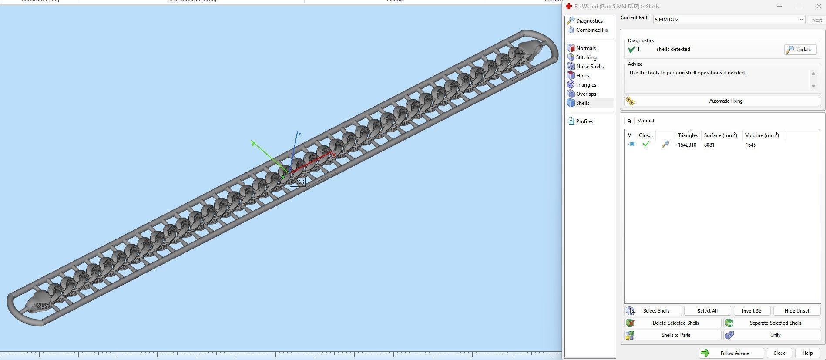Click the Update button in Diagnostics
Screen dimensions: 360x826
[800, 50]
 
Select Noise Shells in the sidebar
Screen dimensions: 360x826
[589, 67]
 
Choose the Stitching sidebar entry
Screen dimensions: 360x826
[586, 57]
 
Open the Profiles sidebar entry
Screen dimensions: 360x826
[584, 121]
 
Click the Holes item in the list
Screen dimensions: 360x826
[582, 76]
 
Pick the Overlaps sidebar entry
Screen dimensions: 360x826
[586, 94]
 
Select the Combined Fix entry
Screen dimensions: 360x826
[591, 30]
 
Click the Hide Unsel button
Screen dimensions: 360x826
[796, 311]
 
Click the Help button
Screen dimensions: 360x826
[807, 353]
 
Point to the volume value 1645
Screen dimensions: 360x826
[750, 145]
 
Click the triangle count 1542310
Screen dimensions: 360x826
[687, 145]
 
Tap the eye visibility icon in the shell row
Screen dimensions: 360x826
[631, 144]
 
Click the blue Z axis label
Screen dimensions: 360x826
[299, 135]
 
